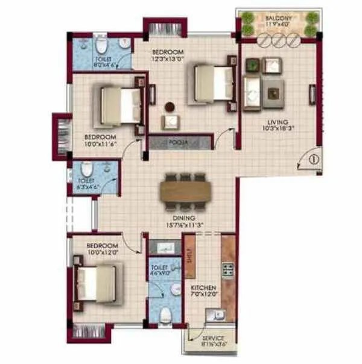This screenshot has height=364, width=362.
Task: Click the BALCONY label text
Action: point(278,19)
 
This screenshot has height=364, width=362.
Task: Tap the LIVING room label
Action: point(276,121)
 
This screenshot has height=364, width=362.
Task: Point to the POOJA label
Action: point(176,142)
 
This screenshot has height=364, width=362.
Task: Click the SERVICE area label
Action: point(214,339)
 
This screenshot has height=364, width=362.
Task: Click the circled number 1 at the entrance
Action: point(313,160)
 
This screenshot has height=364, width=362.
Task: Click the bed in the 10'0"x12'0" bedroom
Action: point(97,284)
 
